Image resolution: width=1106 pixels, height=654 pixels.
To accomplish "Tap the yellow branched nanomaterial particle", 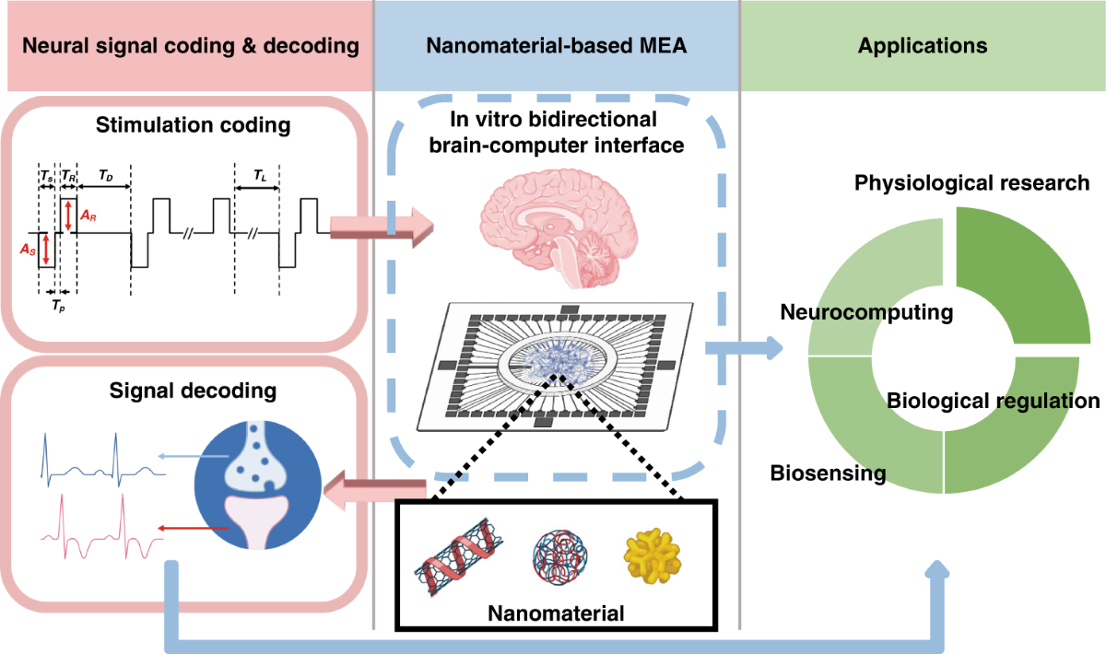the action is click(653, 556).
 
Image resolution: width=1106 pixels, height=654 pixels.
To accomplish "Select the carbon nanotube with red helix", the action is click(459, 556).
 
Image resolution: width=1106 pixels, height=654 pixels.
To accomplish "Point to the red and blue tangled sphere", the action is click(559, 556).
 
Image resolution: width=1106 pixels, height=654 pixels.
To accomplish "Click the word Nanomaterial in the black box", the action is click(556, 613).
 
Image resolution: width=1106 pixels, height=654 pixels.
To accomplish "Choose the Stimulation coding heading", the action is click(193, 125).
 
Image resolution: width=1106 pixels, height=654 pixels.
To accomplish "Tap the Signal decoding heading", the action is click(193, 391).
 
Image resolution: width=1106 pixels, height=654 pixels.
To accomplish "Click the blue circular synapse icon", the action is click(258, 485).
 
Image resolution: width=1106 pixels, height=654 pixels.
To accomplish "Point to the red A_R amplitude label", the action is click(88, 216).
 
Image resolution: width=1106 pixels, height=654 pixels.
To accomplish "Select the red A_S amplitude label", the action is click(28, 250).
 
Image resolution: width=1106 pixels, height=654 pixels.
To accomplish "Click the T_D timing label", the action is click(106, 175).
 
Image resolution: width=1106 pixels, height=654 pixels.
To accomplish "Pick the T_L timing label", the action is click(260, 175).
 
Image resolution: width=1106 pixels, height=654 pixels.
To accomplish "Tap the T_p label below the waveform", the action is click(58, 306).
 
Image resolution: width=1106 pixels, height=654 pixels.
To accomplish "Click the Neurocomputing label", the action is click(866, 312).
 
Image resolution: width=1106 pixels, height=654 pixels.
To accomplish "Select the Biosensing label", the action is click(828, 473).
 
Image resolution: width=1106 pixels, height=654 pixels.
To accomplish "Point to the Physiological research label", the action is click(971, 183).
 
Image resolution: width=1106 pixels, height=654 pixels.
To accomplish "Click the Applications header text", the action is click(923, 45).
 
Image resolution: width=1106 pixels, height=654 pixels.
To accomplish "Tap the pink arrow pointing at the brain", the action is click(382, 227).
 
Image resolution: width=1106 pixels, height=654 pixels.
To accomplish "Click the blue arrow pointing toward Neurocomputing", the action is click(744, 348).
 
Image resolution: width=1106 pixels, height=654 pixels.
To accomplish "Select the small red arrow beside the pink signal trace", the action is click(193, 529).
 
